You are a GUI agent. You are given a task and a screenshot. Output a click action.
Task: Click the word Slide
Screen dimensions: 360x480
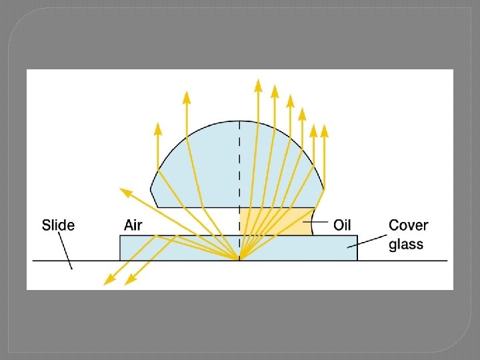point(58,225)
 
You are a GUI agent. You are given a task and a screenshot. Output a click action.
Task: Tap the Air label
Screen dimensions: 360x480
point(133,225)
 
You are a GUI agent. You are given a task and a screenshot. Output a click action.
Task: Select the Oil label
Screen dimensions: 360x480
point(342,225)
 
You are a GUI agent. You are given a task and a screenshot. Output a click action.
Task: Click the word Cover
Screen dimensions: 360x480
point(409,225)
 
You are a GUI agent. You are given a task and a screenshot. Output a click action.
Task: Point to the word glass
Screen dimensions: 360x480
point(406,244)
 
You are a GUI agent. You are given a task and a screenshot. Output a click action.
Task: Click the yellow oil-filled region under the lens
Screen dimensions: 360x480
point(280,221)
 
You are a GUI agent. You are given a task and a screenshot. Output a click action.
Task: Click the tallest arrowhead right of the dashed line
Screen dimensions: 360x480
point(258,85)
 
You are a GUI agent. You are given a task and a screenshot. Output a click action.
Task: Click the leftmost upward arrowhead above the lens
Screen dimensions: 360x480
point(157,128)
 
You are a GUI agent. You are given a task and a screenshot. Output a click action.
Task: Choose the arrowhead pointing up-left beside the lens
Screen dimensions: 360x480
point(124,193)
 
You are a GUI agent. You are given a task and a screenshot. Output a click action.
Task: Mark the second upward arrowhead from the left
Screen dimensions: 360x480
point(187,97)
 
